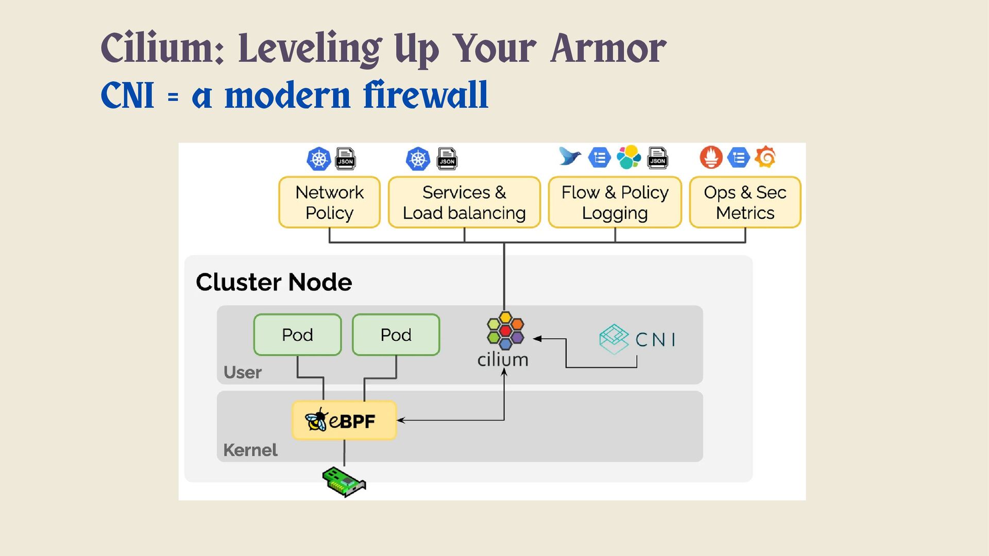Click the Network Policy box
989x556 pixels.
point(329,202)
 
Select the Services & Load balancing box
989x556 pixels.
point(464,202)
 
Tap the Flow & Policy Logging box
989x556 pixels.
point(615,202)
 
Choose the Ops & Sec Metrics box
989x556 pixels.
point(745,202)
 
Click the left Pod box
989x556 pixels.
point(297,335)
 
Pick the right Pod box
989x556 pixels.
point(396,335)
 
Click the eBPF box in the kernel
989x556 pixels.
point(344,421)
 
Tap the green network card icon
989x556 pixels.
point(344,482)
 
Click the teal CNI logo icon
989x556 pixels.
point(614,339)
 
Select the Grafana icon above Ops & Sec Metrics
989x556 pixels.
point(765,157)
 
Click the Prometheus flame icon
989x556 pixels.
point(711,157)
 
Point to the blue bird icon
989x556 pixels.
point(570,157)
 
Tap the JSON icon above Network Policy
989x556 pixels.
point(345,159)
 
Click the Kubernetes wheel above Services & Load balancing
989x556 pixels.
point(418,159)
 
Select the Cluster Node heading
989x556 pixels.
point(274,282)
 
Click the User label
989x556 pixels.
point(243,372)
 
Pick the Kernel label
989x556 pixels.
point(250,450)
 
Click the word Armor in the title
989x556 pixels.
point(608,49)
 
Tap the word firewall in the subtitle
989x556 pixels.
point(425,95)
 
